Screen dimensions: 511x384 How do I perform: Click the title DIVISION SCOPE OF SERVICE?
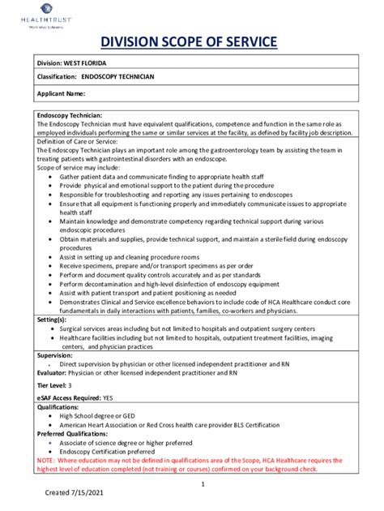point(192,41)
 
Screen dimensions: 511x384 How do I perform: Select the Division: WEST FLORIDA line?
point(71,63)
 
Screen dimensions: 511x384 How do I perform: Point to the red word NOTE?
point(46,459)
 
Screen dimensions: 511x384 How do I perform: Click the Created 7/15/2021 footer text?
point(74,492)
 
